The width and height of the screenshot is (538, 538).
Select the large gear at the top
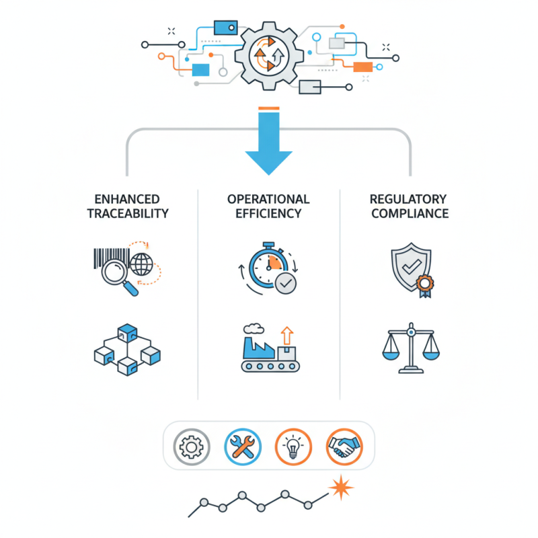click(x=268, y=54)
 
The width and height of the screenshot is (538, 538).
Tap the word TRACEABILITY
click(x=127, y=214)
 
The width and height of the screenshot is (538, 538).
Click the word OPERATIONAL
click(x=268, y=199)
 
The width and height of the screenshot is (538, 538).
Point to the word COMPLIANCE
click(x=410, y=214)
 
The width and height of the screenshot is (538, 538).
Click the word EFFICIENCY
click(x=268, y=214)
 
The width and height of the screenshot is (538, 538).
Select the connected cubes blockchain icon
click(x=126, y=350)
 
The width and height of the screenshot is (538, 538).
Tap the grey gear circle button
click(x=192, y=445)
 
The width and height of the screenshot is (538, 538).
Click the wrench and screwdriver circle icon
click(x=242, y=445)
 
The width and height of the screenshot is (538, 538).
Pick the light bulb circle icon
click(x=293, y=445)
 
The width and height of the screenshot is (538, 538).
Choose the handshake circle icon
click(x=344, y=445)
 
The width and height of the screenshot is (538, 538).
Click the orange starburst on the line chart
click(x=344, y=486)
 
